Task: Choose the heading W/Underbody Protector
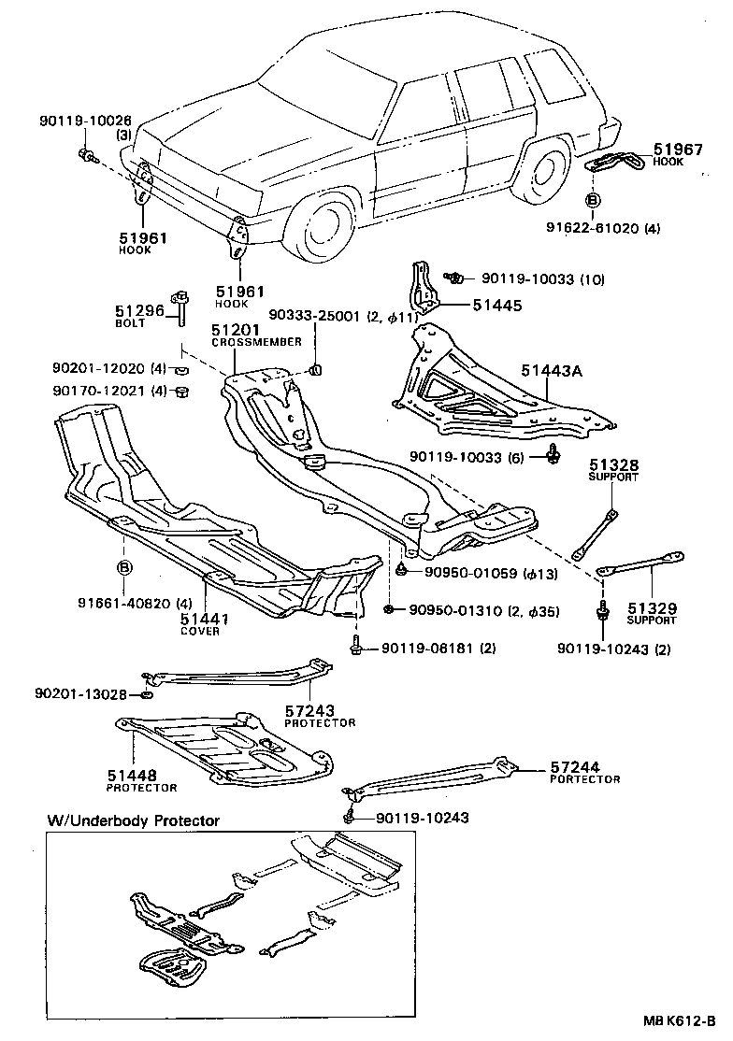[134, 820]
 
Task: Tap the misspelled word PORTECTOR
[585, 778]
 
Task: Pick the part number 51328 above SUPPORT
[613, 464]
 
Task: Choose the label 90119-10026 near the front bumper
[85, 121]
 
